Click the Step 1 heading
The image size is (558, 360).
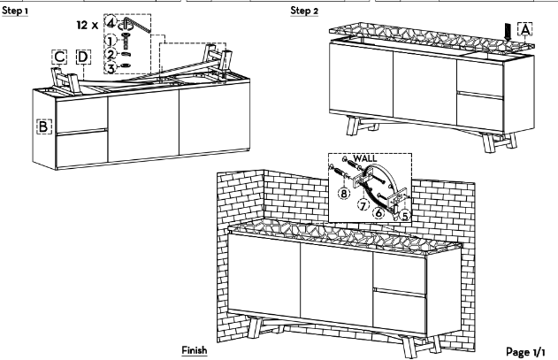coord(15,11)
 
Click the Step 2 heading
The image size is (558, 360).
coord(304,11)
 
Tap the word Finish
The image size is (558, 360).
coord(195,350)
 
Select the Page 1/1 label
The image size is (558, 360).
coord(525,352)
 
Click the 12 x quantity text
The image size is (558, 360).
coord(88,26)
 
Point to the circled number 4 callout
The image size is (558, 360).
coord(111,23)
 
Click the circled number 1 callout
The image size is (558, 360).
coord(111,41)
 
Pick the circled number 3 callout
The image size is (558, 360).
coord(111,67)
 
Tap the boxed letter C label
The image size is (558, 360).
coord(59,57)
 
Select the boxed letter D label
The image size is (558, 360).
coord(83,57)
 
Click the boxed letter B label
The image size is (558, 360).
coord(43,126)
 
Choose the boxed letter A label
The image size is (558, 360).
coord(525,29)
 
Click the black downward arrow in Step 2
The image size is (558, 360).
coord(508,32)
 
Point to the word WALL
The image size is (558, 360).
coord(364,158)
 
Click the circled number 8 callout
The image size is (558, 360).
coord(344,194)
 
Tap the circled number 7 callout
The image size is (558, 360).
coord(363,205)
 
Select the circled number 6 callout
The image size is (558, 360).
coord(378,212)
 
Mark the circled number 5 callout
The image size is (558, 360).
coord(405,216)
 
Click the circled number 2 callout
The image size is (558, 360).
coord(111,55)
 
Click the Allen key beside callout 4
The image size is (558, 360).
coord(137,24)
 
